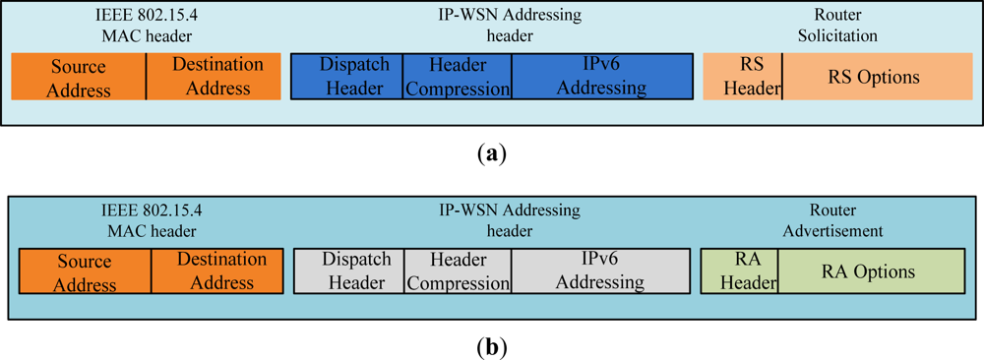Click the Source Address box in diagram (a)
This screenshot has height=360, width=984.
click(x=79, y=78)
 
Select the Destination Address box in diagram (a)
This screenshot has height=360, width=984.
click(x=217, y=77)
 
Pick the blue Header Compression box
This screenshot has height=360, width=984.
click(x=458, y=77)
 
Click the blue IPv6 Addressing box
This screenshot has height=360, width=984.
click(x=601, y=77)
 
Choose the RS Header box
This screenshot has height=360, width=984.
click(x=743, y=77)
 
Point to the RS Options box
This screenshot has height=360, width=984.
click(x=874, y=77)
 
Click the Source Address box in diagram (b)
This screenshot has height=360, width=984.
click(x=86, y=272)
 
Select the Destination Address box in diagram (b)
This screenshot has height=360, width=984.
click(x=217, y=271)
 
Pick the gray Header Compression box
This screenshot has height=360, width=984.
click(x=458, y=271)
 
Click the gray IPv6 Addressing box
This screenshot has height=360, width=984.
click(x=599, y=271)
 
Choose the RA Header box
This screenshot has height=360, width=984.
click(x=739, y=271)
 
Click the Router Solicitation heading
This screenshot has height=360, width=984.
click(x=838, y=27)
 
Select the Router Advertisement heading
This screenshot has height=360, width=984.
click(x=834, y=220)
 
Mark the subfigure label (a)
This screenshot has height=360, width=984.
click(x=491, y=153)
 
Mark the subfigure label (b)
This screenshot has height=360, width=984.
click(x=491, y=346)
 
